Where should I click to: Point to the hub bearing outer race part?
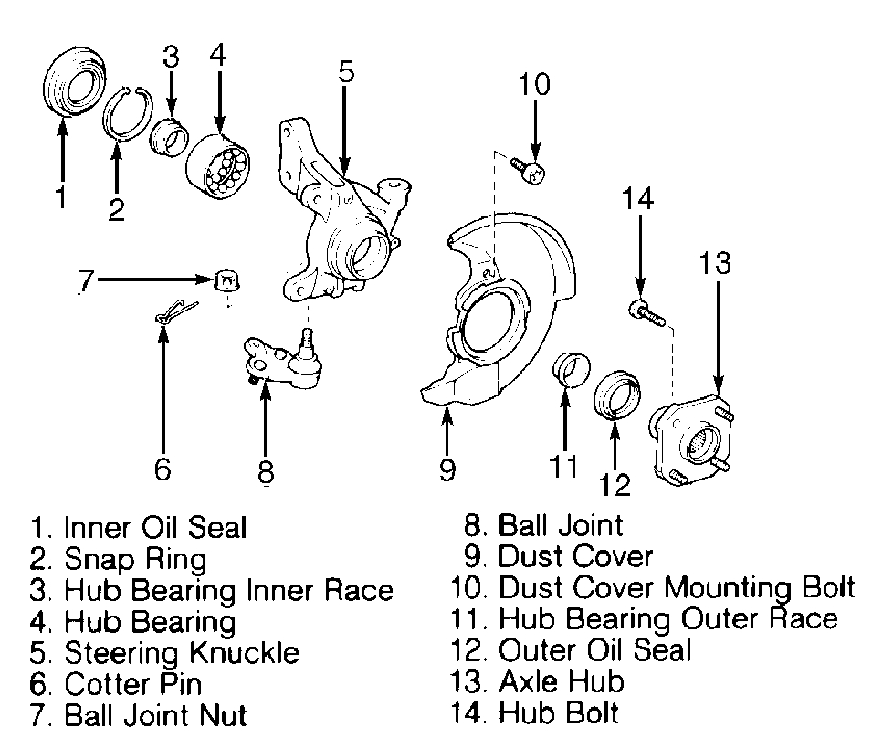(571, 370)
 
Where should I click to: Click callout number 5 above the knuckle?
(344, 70)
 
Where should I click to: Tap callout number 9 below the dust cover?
(447, 469)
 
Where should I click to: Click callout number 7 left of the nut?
(84, 281)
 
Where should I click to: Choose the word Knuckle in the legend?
(246, 652)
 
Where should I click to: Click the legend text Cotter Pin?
(133, 682)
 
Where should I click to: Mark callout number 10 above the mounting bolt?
(534, 85)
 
